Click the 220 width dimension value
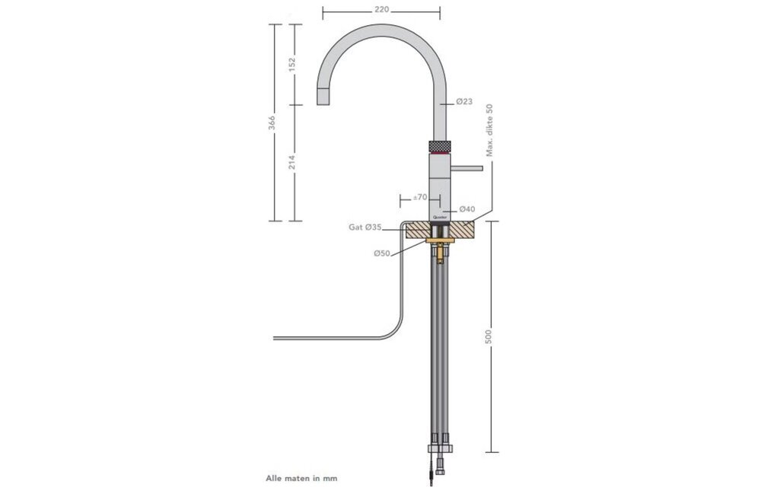[381, 10]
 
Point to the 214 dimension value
[291, 162]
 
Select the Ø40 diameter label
[467, 208]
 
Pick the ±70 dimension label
[419, 197]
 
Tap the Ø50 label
[382, 253]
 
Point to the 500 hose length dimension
[489, 336]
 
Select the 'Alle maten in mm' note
[301, 479]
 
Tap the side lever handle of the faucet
[470, 166]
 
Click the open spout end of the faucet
[323, 97]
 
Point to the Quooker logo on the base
[441, 217]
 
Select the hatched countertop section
[465, 230]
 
